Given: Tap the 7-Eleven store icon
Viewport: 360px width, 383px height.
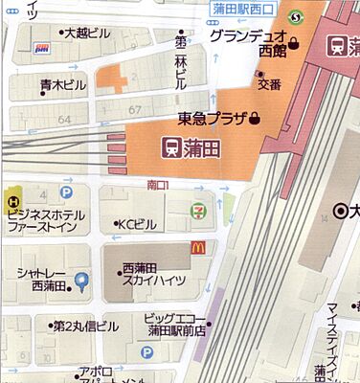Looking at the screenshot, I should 198,209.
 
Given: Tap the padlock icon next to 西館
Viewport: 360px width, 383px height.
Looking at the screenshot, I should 295,42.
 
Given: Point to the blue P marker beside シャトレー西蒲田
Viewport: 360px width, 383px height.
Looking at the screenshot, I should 82,282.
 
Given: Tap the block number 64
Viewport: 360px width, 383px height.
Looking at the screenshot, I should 66,120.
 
